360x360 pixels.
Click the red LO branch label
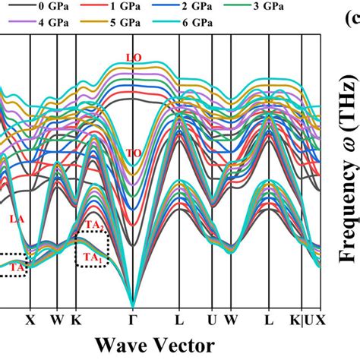(133, 58)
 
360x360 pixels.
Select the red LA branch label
(16, 197)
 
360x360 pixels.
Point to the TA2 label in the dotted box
(93, 226)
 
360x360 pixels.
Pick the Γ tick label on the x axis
(133, 321)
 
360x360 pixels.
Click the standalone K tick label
(76, 321)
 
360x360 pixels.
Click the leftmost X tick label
(30, 321)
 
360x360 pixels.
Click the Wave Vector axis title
(162, 344)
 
